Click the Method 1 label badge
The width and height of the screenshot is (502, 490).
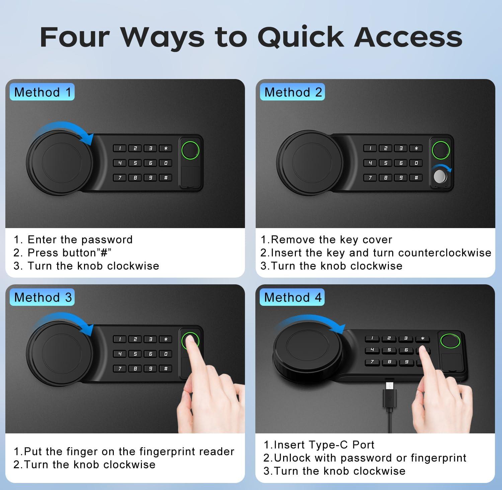coord(43,92)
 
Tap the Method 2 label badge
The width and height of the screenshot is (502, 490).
coord(293,92)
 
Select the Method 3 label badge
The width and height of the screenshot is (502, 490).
coord(43,297)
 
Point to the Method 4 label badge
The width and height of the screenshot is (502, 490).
coord(293,297)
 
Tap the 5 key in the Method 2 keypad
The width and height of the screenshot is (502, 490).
coord(386,163)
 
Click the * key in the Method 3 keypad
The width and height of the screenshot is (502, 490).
coord(166,339)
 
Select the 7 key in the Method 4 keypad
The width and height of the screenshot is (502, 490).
coord(372,362)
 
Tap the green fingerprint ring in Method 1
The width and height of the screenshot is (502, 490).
coord(190,150)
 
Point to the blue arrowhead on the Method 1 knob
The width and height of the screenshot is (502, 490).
coord(89,138)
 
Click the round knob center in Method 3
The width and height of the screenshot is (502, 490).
coord(59,354)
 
